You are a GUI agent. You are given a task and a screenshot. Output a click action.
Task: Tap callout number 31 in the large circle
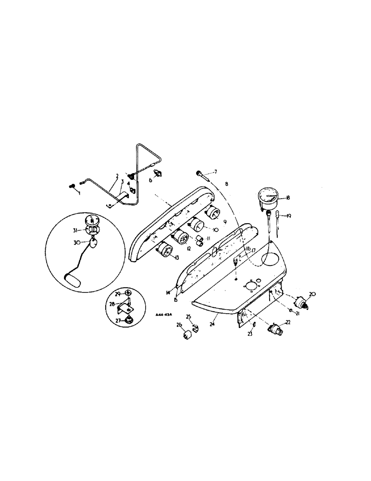click(75, 231)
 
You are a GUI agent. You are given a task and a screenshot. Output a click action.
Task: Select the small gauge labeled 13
click(165, 250)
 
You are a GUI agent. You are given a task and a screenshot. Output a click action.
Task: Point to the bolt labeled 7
click(200, 172)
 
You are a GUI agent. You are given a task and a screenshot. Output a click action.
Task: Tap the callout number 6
click(149, 180)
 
